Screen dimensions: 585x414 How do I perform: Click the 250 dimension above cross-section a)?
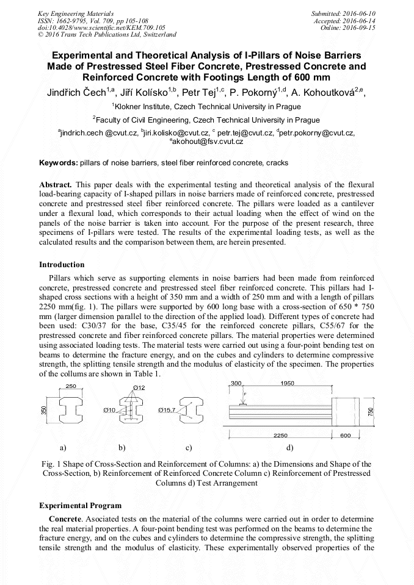(x=71, y=386)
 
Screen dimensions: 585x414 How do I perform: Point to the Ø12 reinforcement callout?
(x=139, y=388)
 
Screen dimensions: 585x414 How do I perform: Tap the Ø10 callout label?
(x=110, y=410)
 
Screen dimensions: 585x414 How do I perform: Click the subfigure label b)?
(x=122, y=448)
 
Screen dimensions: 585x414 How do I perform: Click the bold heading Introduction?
(x=62, y=265)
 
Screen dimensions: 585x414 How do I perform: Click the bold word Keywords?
(x=58, y=163)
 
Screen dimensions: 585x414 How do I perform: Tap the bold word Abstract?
(x=56, y=184)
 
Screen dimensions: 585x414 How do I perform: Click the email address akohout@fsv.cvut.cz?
(x=206, y=142)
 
